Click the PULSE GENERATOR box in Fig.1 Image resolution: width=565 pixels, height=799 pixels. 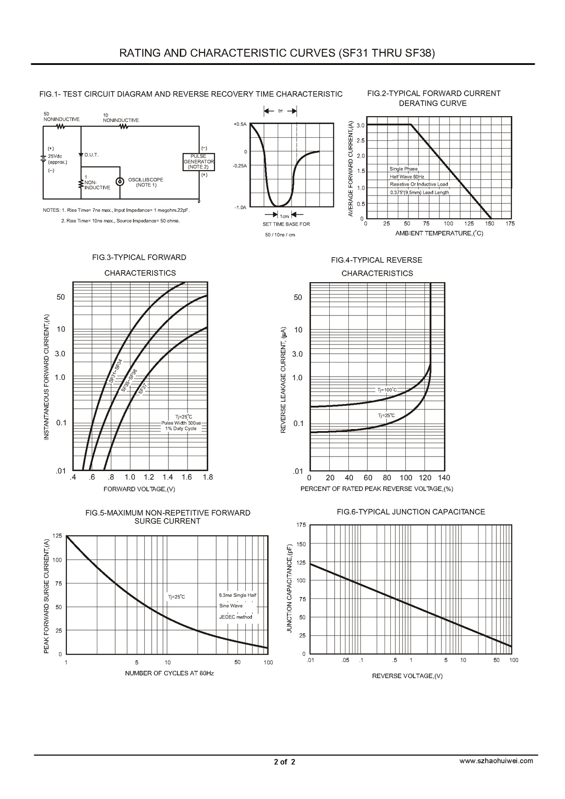pos(199,161)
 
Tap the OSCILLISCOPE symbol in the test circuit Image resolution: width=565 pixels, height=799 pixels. pos(120,181)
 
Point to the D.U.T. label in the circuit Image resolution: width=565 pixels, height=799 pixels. pos(91,155)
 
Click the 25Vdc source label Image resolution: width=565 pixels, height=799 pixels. pos(55,156)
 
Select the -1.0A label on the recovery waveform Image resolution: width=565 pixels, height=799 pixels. pos(240,207)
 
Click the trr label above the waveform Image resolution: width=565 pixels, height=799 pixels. pos(281,111)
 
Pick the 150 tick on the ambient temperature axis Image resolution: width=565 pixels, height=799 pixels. pos(489,224)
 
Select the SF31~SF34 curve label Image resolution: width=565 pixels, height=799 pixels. pos(116,371)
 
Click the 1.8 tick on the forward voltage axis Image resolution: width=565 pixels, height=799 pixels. pos(207,477)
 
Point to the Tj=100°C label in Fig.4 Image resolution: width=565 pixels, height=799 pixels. pos(387,390)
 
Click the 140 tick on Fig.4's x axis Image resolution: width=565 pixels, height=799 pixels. pos(444,478)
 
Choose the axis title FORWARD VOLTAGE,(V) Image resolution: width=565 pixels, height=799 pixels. pos(139,489)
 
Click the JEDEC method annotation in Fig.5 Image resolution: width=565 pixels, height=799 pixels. pos(236,617)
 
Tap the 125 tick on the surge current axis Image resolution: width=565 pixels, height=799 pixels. pos(57,536)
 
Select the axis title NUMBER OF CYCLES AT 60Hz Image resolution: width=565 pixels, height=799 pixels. pos(169,673)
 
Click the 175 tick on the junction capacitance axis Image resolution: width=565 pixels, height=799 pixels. pos(301,525)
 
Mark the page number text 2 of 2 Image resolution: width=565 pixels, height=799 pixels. pos(284,762)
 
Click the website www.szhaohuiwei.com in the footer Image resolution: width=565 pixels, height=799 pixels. pos(496,761)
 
